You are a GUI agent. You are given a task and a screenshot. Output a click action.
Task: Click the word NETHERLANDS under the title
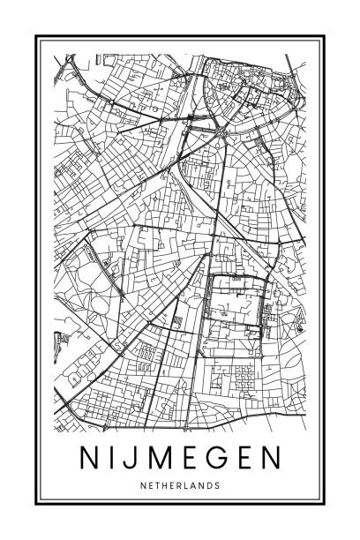pyautogui.click(x=180, y=484)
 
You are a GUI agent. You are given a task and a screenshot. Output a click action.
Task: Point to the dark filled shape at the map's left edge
pyautogui.click(x=61, y=337)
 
